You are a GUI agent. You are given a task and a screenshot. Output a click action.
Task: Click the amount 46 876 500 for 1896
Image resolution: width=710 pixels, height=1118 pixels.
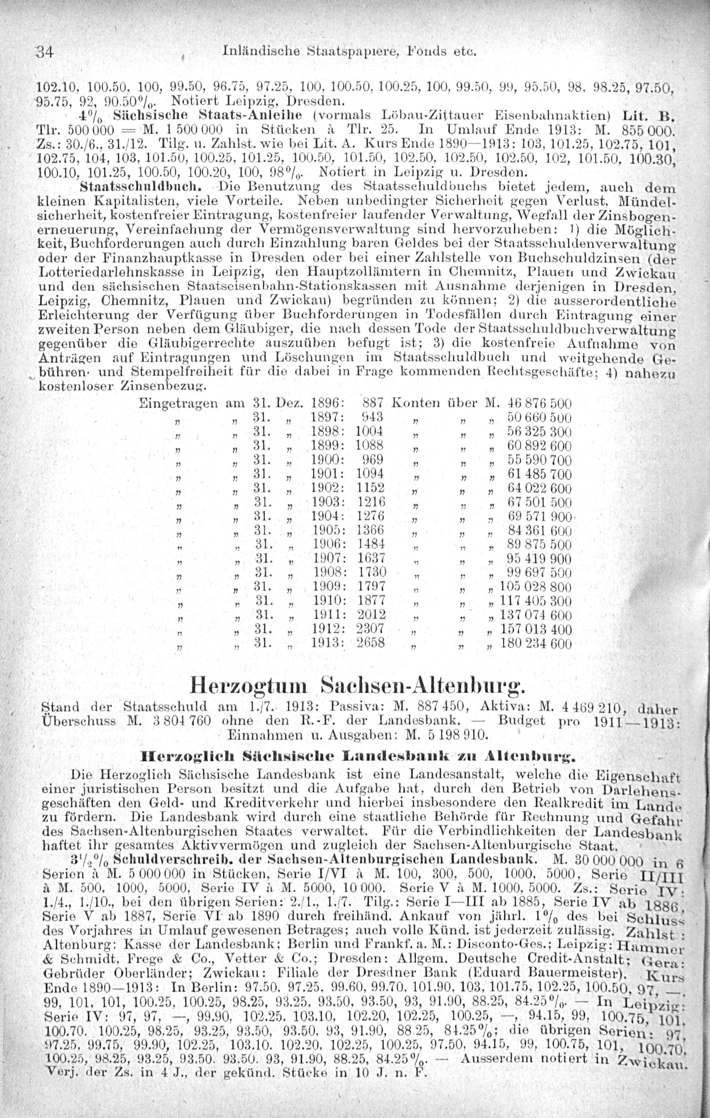540,403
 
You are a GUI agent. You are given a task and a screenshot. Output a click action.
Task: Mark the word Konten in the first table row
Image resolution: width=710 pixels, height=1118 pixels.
416,403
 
